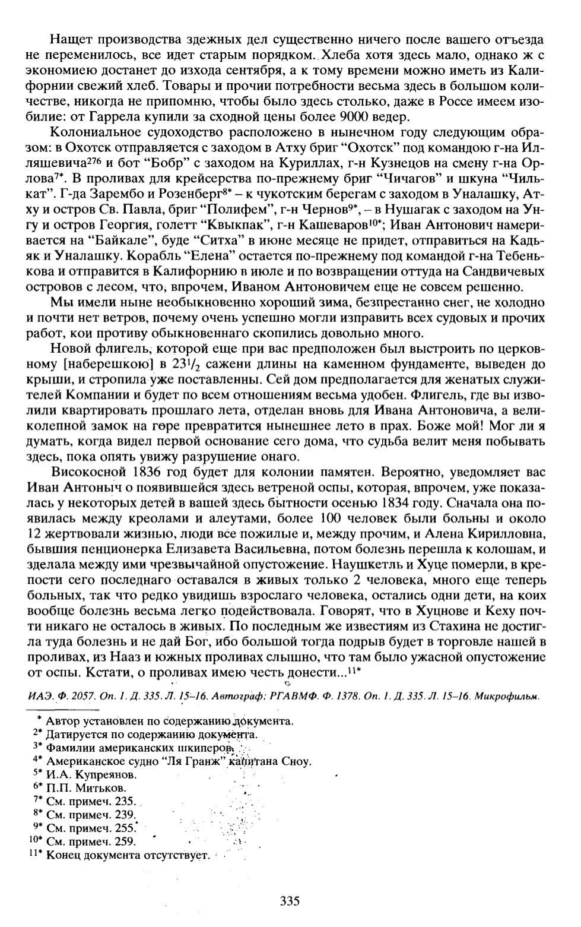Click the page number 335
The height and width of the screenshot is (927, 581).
click(x=290, y=901)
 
